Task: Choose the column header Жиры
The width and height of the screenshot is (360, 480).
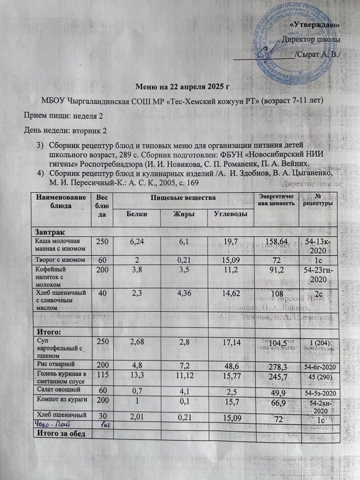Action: pyautogui.click(x=182, y=214)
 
